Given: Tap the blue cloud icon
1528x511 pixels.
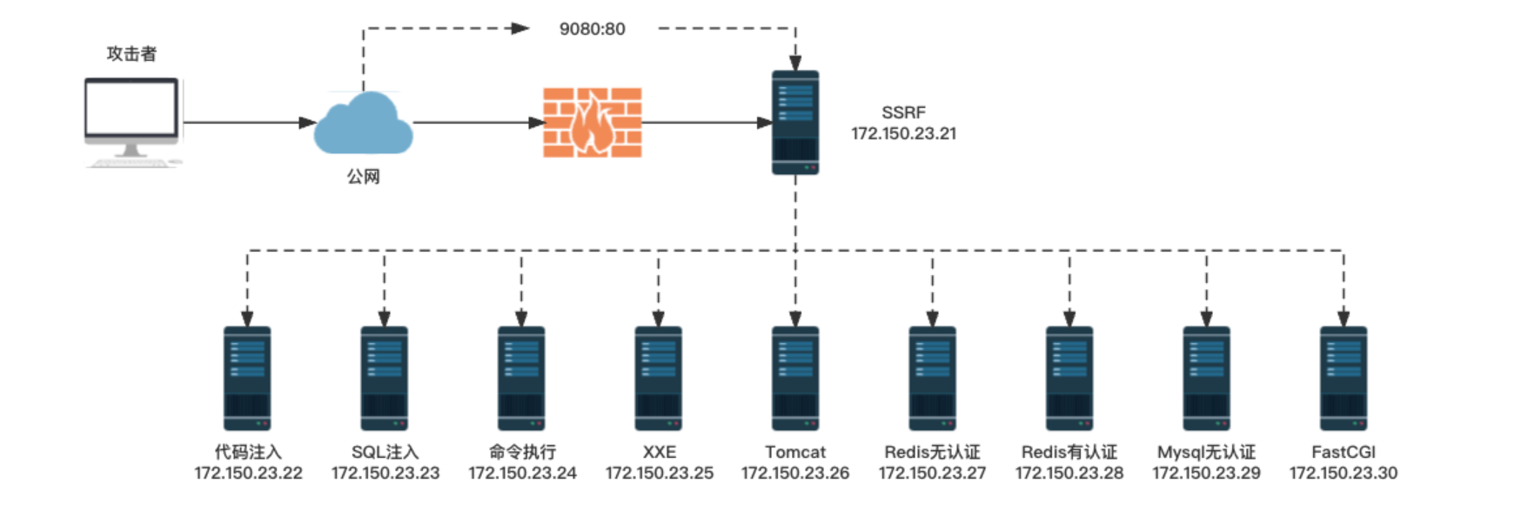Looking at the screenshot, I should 363,126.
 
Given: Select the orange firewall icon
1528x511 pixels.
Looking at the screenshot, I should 593,122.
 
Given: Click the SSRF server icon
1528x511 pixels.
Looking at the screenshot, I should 794,123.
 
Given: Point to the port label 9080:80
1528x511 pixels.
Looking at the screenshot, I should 592,29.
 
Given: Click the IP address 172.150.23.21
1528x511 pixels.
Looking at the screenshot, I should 903,133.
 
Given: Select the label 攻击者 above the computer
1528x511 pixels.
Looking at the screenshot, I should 131,54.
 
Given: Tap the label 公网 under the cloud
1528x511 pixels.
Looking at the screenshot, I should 363,177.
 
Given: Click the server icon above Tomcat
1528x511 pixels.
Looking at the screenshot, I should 794,378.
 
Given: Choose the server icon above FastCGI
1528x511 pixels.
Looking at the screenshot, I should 1343,378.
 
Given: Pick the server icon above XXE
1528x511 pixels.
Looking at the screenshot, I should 658,378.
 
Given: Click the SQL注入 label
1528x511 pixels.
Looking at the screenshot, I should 385,452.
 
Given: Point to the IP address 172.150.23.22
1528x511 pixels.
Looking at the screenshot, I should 248,473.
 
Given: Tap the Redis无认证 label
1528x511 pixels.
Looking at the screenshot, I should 932,452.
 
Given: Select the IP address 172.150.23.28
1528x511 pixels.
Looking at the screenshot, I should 1069,473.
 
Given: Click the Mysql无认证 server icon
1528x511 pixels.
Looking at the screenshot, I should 1206,378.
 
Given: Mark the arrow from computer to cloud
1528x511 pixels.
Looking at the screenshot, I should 248,123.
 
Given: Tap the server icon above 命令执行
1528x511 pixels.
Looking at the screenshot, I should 521,378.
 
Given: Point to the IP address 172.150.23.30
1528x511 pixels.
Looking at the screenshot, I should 1343,473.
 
